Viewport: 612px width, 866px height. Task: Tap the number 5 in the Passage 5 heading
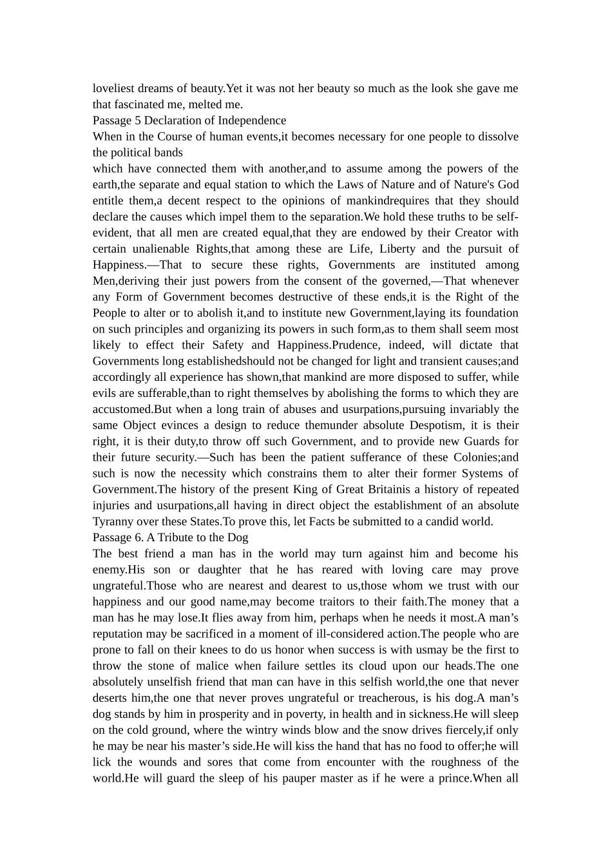click(x=137, y=120)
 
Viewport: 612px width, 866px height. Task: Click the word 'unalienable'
click(x=162, y=249)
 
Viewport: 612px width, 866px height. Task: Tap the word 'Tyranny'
click(x=113, y=522)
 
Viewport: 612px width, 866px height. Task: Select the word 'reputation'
click(x=120, y=634)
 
